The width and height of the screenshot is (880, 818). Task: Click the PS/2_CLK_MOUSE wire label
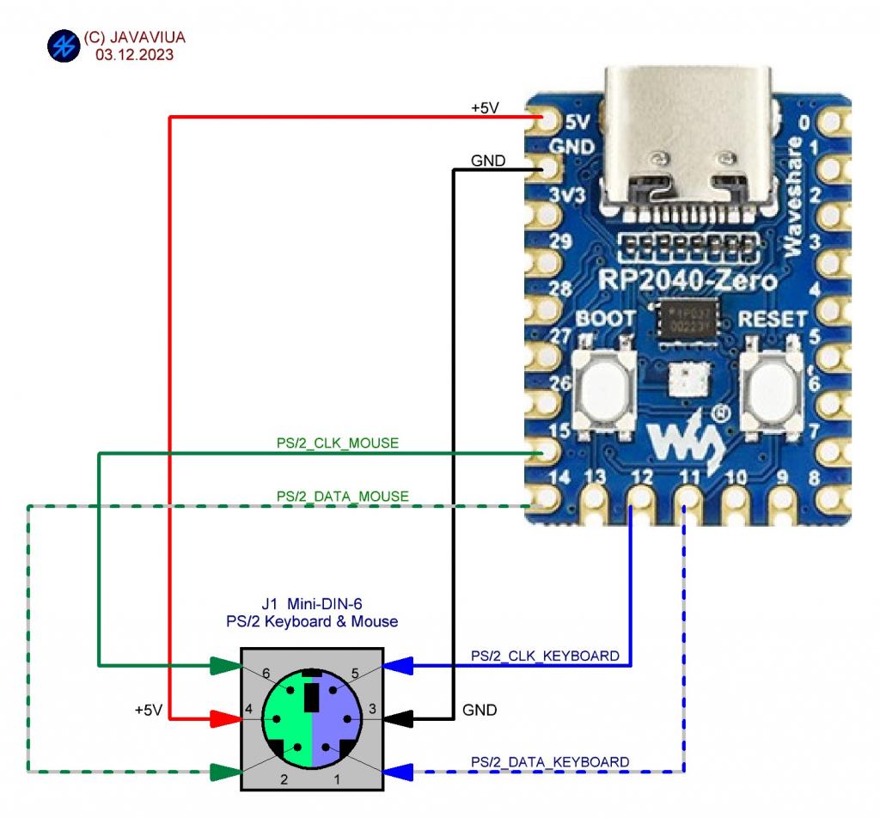pos(338,444)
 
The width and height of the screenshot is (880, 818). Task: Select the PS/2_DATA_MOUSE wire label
pos(342,497)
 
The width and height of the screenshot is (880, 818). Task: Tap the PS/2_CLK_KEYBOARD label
pos(545,656)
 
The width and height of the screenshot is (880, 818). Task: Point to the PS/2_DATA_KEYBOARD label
pos(549,762)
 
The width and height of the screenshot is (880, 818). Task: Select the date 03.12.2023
pos(135,55)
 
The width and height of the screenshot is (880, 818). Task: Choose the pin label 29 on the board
pos(560,242)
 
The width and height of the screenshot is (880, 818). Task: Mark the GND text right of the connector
pos(480,711)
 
